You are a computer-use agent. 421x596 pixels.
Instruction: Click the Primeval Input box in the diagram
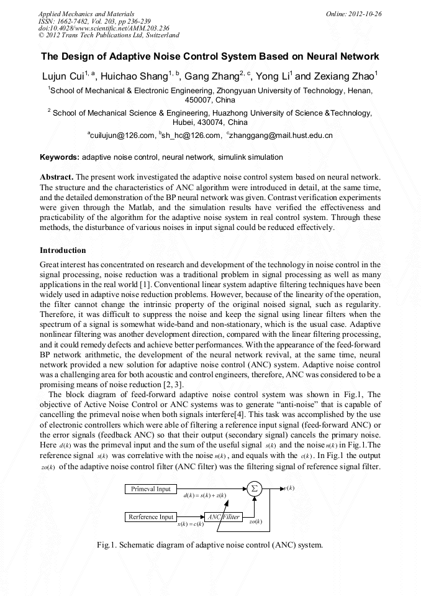click(x=150, y=489)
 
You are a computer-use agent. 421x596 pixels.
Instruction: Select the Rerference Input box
click(x=151, y=517)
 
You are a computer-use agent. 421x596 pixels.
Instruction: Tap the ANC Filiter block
click(x=224, y=517)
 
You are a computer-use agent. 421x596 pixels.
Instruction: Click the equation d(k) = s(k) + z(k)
click(x=205, y=496)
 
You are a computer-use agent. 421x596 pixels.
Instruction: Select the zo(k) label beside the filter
click(x=255, y=521)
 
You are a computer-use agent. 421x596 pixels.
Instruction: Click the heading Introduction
click(x=63, y=250)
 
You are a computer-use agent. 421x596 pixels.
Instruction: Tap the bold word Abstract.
click(x=57, y=177)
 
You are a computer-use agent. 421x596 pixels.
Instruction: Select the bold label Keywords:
click(x=60, y=157)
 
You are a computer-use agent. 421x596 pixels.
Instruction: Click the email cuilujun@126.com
click(x=122, y=135)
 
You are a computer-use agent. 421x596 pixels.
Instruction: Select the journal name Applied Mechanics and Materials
click(x=86, y=13)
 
